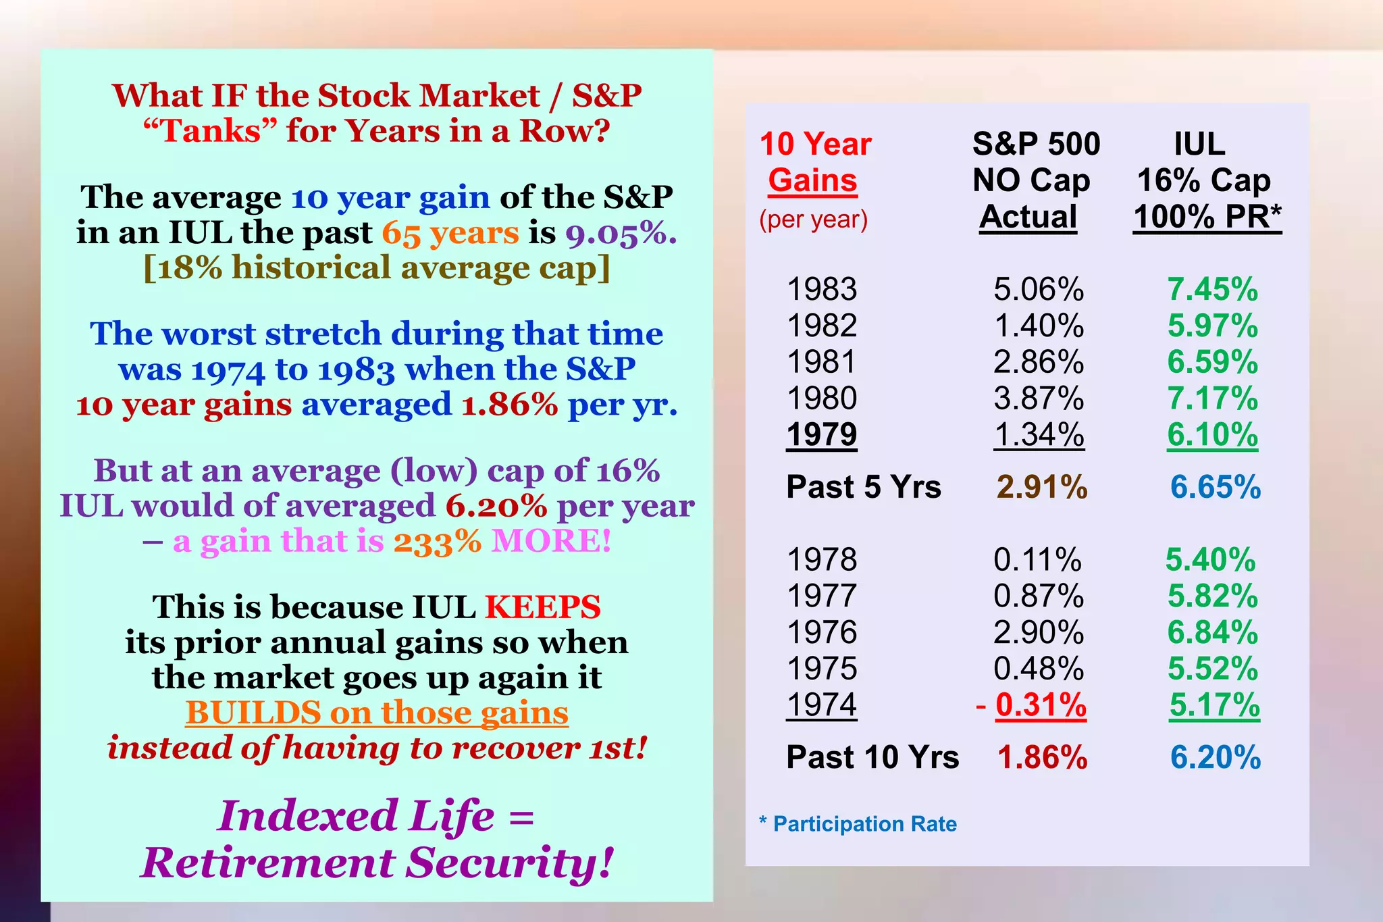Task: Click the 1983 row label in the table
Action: (822, 290)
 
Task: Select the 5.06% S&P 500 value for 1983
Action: (1039, 290)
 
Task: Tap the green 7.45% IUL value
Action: (1213, 290)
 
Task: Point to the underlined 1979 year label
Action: (822, 435)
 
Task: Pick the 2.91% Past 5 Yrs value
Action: (1042, 487)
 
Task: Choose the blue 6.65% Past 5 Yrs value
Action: (1216, 487)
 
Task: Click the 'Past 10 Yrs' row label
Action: (872, 757)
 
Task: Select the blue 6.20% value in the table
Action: (1216, 757)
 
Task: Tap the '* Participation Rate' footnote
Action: (858, 824)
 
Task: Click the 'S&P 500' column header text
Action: (1036, 144)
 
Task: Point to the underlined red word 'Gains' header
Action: (813, 180)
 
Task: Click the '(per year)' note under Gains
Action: (813, 220)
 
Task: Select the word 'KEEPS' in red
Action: (543, 607)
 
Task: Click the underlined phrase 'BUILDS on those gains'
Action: (377, 713)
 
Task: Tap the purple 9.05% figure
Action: (620, 233)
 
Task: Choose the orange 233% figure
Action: (438, 541)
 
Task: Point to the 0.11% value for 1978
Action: (1037, 560)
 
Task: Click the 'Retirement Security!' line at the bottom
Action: (377, 863)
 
